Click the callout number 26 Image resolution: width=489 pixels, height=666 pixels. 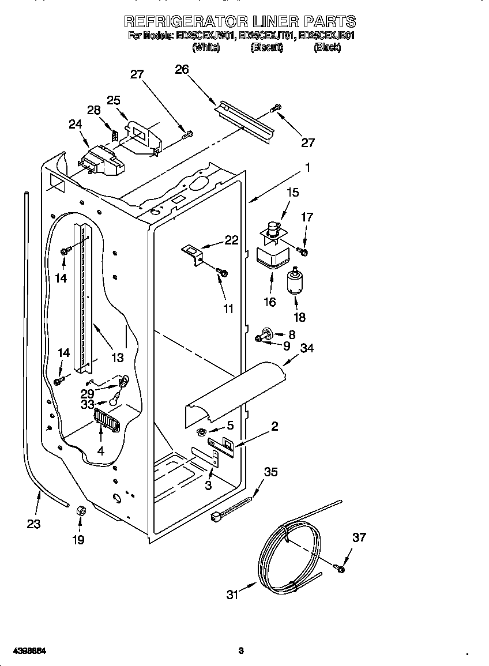(x=182, y=69)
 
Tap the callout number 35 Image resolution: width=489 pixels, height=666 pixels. (x=270, y=472)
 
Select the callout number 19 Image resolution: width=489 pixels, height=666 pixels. (x=78, y=540)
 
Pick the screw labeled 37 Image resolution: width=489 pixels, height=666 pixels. (x=339, y=569)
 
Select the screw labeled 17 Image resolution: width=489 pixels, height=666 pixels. (x=302, y=251)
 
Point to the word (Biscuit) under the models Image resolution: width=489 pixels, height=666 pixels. (x=266, y=48)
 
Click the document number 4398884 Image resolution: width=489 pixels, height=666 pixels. (x=25, y=651)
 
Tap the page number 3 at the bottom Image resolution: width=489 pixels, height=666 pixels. (x=241, y=651)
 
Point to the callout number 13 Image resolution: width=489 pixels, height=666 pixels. (x=117, y=358)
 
